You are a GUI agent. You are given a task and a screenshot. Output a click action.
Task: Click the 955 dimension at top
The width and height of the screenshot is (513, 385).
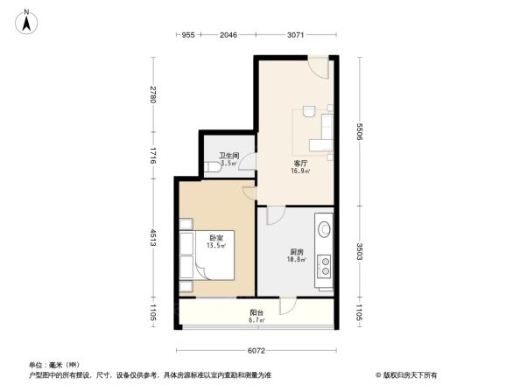pyautogui.click(x=186, y=35)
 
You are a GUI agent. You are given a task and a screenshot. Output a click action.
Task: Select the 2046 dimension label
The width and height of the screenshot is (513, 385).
pyautogui.click(x=228, y=35)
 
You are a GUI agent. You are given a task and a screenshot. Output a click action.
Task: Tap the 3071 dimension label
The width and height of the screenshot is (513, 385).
pyautogui.click(x=294, y=35)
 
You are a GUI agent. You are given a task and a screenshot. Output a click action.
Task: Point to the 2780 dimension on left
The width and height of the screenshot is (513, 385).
pyautogui.click(x=151, y=94)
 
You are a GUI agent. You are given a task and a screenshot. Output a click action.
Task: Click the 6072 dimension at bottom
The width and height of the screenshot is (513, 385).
pyautogui.click(x=254, y=350)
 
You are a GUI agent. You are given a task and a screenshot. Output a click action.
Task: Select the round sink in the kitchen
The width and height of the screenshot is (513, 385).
pyautogui.click(x=324, y=230)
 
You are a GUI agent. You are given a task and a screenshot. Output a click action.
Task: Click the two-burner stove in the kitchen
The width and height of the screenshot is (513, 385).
pyautogui.click(x=325, y=263)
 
